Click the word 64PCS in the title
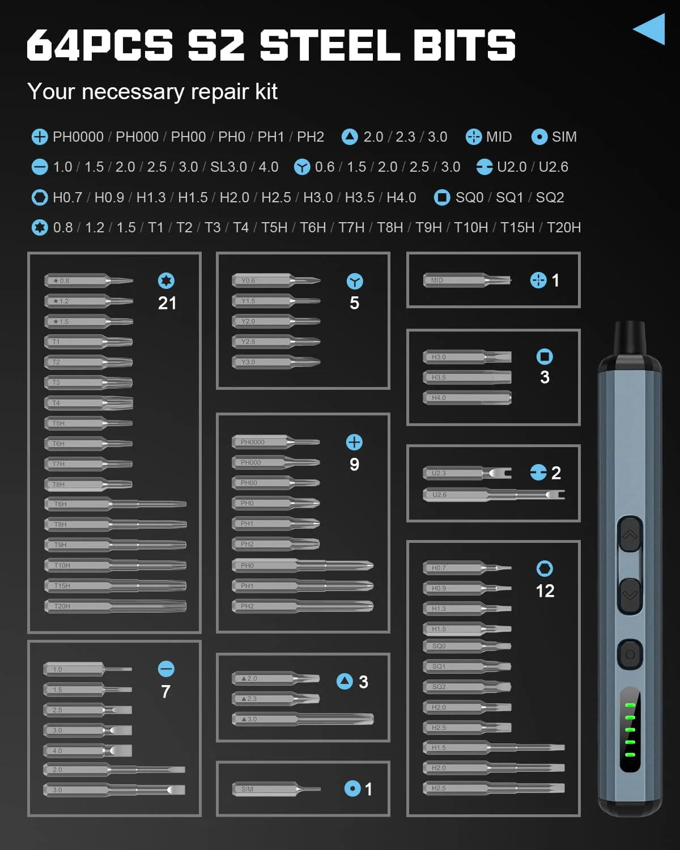click(100, 45)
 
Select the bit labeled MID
click(467, 280)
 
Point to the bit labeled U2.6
click(493, 495)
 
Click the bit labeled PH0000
click(275, 442)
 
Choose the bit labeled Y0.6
click(275, 280)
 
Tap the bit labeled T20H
click(115, 606)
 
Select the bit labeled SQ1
click(467, 666)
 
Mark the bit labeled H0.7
click(467, 568)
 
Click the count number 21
click(167, 303)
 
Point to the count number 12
click(545, 591)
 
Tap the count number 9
click(354, 465)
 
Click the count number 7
click(165, 692)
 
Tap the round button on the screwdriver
click(630, 654)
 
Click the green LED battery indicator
click(630, 730)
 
